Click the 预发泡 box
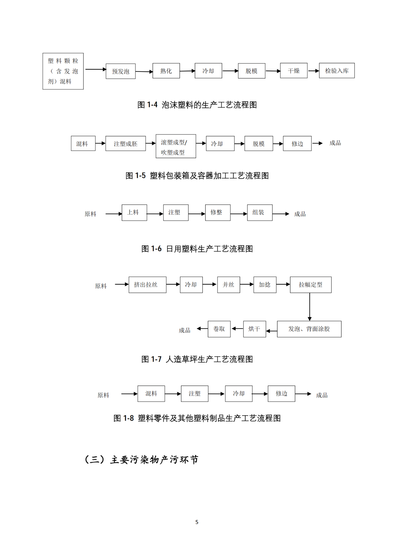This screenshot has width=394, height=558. [x=120, y=71]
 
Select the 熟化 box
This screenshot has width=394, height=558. [x=166, y=71]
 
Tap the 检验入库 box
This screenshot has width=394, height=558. [x=336, y=71]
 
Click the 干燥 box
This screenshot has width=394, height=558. [x=293, y=71]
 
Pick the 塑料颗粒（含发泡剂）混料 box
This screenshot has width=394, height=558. [x=63, y=71]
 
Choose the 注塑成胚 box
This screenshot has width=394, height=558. [x=125, y=144]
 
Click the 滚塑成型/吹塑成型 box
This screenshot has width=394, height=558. [x=175, y=146]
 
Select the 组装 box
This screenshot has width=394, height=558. [x=259, y=212]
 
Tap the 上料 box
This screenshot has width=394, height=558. [x=134, y=212]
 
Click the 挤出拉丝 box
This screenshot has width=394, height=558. [x=147, y=285]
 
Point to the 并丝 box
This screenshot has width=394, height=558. [x=228, y=285]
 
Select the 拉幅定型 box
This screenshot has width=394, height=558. [x=310, y=285]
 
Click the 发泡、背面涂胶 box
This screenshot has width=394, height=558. [x=309, y=329]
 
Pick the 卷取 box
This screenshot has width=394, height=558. [x=219, y=329]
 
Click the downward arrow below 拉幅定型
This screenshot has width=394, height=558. [x=310, y=307]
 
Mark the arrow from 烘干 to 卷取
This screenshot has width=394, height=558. [x=237, y=329]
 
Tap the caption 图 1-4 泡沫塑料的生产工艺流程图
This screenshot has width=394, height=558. [x=197, y=105]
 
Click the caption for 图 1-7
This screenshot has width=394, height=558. [x=197, y=359]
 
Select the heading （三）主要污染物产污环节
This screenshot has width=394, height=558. [x=142, y=460]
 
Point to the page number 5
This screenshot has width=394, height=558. [x=197, y=522]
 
